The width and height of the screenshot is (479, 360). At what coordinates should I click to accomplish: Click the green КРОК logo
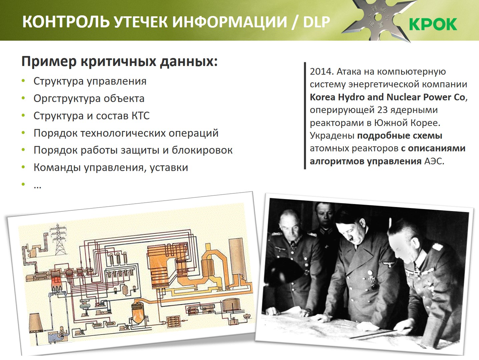click(x=433, y=24)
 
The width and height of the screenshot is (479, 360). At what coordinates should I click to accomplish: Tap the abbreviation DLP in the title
click(x=317, y=22)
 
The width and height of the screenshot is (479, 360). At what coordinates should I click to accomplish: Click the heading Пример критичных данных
click(x=120, y=62)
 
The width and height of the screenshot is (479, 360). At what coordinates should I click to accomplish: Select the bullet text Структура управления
click(x=90, y=81)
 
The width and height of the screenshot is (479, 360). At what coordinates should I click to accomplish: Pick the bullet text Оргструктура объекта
click(x=89, y=99)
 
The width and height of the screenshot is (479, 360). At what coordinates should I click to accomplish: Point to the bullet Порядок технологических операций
click(x=126, y=133)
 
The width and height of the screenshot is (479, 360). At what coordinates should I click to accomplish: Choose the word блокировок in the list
click(x=202, y=150)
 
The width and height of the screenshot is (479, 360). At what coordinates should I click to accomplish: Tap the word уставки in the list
click(x=169, y=167)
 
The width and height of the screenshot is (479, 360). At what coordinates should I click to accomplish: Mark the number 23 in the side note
click(x=382, y=110)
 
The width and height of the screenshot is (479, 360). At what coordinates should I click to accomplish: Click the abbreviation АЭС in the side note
click(x=434, y=161)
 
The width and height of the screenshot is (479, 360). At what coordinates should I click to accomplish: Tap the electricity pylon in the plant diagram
click(x=58, y=239)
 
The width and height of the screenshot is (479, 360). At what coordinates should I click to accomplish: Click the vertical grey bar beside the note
click(x=305, y=116)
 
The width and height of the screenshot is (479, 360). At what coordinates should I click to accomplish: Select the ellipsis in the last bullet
click(x=38, y=187)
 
